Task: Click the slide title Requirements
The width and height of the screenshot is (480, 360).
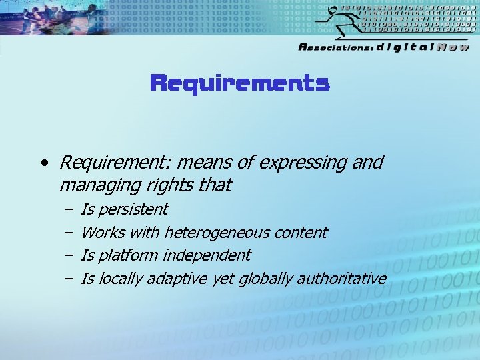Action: (x=240, y=83)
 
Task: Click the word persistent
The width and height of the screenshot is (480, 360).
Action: (x=134, y=209)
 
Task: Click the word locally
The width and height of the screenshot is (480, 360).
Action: (x=121, y=279)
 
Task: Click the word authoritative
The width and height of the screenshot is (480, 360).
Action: (x=341, y=279)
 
